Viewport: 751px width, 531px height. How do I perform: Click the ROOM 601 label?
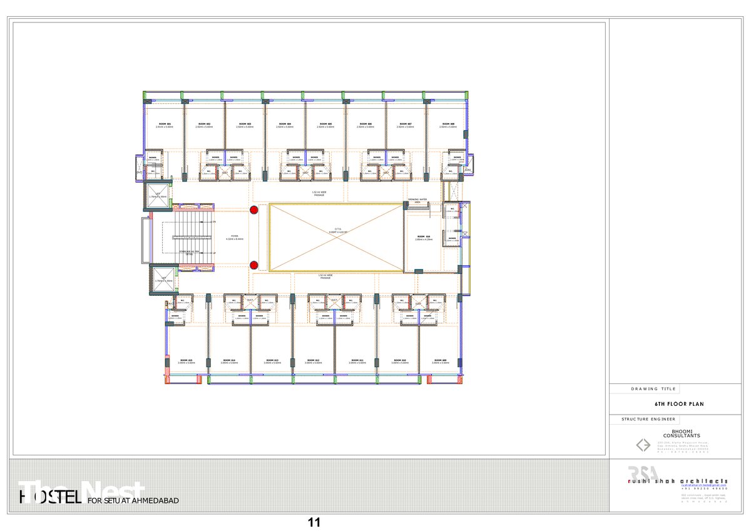point(165,124)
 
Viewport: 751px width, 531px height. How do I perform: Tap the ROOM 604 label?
point(285,124)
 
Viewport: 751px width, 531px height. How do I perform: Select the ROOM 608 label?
point(447,124)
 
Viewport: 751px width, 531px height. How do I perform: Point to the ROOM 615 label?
point(186,360)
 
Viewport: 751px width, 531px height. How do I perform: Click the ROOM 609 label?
point(441,360)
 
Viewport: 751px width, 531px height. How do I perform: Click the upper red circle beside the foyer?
point(254,210)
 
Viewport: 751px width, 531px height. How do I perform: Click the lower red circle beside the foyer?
point(254,265)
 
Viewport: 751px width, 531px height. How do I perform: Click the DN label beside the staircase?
point(214,222)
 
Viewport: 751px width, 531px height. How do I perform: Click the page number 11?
point(314,521)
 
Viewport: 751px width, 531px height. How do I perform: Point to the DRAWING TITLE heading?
point(653,389)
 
